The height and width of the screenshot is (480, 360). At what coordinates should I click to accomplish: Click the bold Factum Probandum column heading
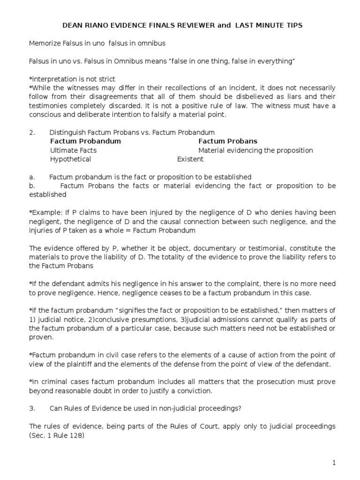coord(85,141)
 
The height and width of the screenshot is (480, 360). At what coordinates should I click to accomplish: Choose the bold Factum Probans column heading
coord(228,141)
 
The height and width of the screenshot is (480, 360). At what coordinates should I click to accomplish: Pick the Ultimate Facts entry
coord(73,150)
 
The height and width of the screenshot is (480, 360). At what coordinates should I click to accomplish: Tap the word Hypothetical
coord(71,159)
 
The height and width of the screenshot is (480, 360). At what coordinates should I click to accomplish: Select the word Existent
coord(190,159)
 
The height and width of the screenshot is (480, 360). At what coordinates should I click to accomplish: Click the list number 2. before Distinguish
coord(32,133)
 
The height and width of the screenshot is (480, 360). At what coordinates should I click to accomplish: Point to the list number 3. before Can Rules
coord(32,408)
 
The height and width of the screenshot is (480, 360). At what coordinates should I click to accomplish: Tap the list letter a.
coord(31,177)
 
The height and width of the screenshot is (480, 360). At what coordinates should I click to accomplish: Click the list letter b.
coord(31,186)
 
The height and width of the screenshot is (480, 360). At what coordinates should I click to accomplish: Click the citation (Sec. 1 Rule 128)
coord(57,435)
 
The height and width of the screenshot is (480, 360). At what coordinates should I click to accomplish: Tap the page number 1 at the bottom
coord(334,463)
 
